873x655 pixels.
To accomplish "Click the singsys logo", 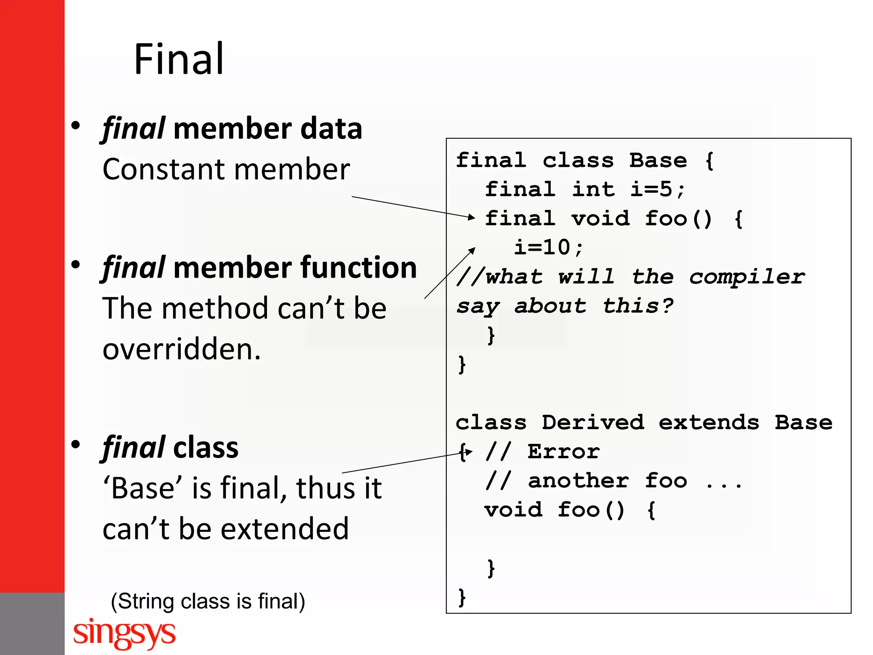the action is tap(124, 633).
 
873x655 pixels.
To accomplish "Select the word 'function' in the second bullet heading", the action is tap(359, 268).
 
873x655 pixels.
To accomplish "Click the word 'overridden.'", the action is tap(182, 349).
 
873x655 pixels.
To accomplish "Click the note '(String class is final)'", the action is tap(208, 601).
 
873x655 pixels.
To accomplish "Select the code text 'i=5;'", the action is tap(657, 189).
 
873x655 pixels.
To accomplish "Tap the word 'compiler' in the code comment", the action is tap(747, 277).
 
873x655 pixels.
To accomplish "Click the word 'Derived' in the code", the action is tap(593, 423).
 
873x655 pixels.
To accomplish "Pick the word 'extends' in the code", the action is tap(709, 423).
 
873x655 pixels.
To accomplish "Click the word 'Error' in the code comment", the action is tap(564, 452).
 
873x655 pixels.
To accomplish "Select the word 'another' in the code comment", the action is tap(578, 481).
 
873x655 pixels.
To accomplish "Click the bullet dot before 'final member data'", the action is tap(76, 126).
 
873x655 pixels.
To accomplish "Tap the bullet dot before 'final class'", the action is tap(76, 445).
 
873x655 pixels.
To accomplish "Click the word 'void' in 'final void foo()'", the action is tap(600, 219).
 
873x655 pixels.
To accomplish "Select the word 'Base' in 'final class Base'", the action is tap(658, 161).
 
